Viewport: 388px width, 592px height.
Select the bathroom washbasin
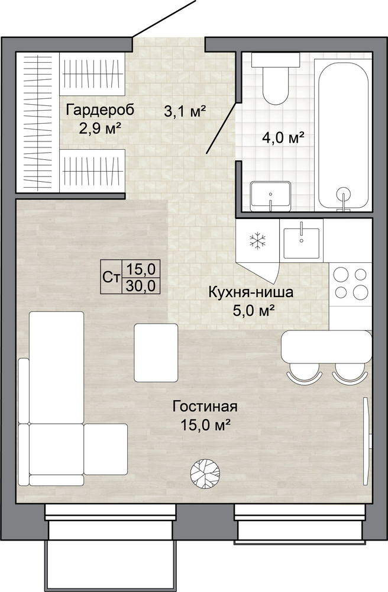point(270,196)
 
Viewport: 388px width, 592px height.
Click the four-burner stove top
point(351,282)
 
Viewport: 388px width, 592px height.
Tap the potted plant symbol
point(205,471)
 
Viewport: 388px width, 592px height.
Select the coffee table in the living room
point(156,352)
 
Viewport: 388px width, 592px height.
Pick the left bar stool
point(305,374)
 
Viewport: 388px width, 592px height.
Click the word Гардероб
point(100,111)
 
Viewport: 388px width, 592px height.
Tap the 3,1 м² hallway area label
point(186,111)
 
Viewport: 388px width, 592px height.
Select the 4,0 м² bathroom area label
point(283,139)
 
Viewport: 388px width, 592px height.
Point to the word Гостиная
point(205,407)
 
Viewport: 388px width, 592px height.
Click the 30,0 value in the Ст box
point(141,286)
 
